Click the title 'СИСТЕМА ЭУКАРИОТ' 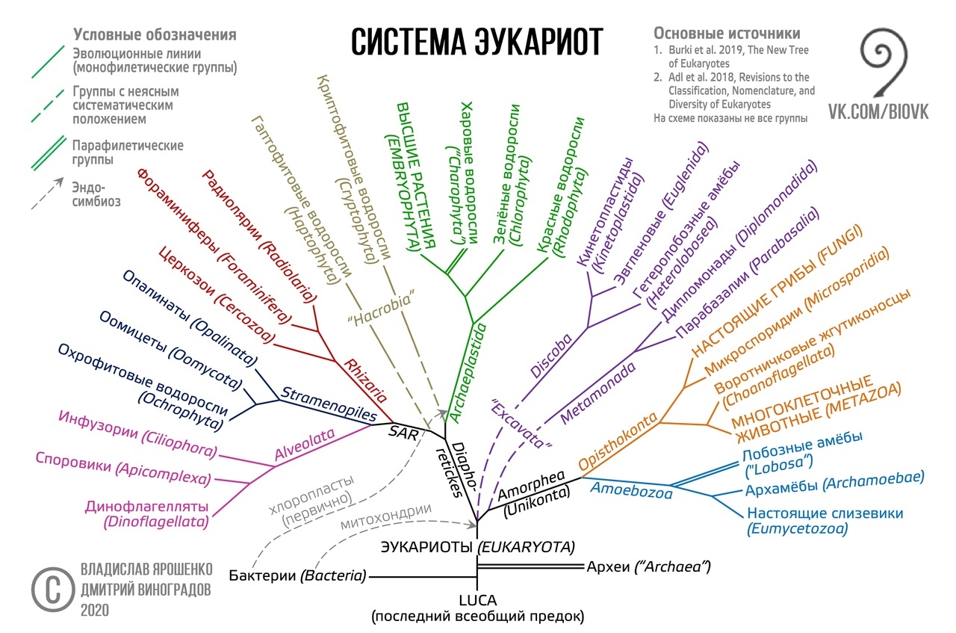click(477, 41)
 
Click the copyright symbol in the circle click(53, 590)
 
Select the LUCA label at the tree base click(477, 601)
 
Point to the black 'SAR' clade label click(403, 433)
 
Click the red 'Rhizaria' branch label click(366, 380)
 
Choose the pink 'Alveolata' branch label click(304, 444)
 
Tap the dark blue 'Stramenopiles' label click(329, 404)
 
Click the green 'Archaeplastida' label click(468, 373)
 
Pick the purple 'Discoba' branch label click(551, 356)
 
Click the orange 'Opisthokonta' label click(618, 440)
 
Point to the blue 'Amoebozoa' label click(631, 490)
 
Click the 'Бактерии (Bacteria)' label click(297, 575)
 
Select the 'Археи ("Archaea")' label click(649, 566)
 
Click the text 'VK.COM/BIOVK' click(878, 112)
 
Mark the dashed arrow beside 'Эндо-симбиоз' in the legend click(47, 194)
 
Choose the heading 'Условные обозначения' click(155, 34)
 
